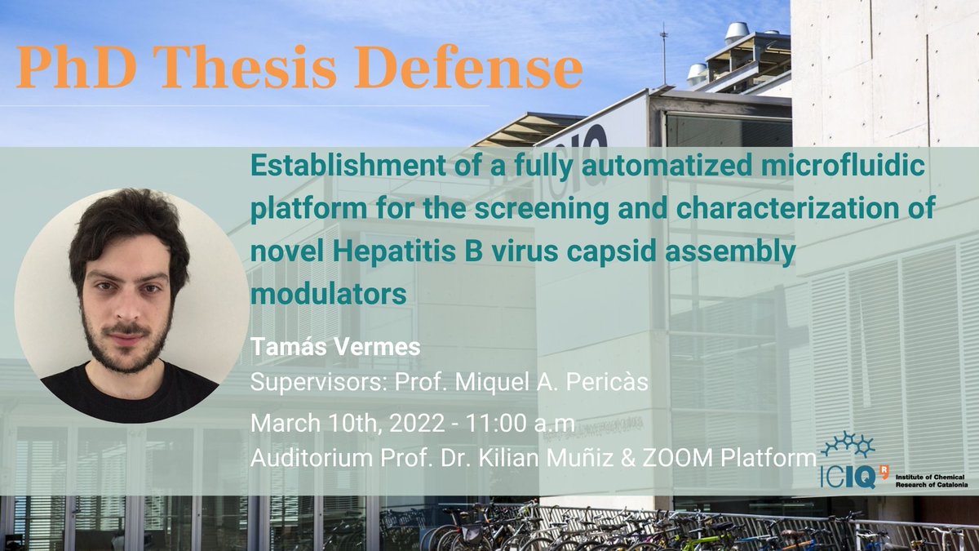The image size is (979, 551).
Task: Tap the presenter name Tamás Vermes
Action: pyautogui.click(x=335, y=347)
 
